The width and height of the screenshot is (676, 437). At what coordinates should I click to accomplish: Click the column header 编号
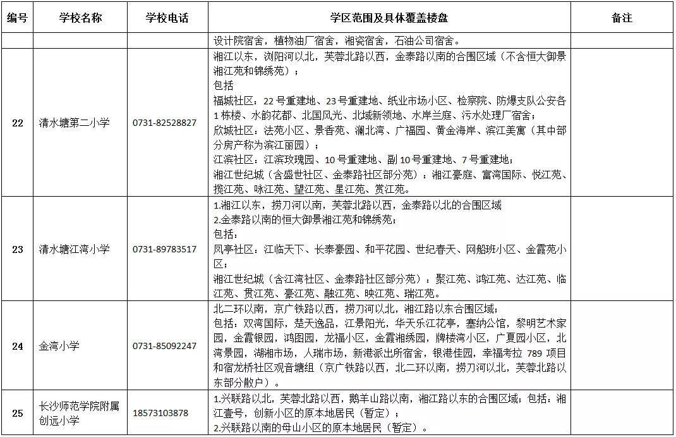coord(17,18)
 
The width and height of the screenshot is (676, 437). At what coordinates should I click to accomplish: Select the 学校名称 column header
coord(80,18)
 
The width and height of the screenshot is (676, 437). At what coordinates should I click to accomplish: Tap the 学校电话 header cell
coord(166,18)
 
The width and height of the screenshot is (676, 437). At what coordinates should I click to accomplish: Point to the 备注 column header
coord(622,18)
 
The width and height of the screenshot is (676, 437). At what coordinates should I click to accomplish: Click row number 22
coord(17,123)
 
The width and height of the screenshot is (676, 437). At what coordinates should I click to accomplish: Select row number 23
coord(17,249)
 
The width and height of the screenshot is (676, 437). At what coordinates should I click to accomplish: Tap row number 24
coord(17,346)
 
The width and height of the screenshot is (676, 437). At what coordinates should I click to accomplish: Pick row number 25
coord(17,413)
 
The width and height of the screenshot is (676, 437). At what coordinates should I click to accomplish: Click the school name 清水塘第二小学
coord(74,123)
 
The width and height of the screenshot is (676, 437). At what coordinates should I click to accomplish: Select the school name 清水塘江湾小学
coord(74,249)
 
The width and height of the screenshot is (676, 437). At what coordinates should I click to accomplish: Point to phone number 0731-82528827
coord(164,123)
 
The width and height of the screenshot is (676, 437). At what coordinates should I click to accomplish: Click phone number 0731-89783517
coord(164,250)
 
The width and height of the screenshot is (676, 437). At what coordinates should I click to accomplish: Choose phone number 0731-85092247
coord(164,347)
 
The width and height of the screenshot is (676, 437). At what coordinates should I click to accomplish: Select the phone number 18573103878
coord(160,413)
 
